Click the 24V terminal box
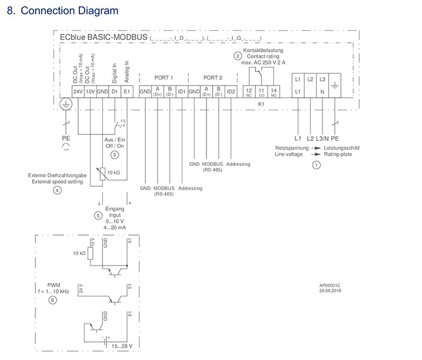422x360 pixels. click(77, 91)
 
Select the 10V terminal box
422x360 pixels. click(90, 91)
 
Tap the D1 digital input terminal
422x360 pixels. click(114, 91)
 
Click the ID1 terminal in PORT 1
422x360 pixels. click(181, 91)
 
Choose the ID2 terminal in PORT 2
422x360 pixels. click(231, 91)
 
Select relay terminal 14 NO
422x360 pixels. click(273, 91)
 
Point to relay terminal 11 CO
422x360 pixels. click(261, 91)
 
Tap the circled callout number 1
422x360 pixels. click(316, 165)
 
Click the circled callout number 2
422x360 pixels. click(237, 56)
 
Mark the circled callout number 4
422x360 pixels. click(57, 190)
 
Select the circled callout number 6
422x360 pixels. click(53, 300)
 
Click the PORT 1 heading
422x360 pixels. click(164, 78)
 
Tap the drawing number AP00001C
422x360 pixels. click(330, 285)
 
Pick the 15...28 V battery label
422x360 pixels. click(122, 345)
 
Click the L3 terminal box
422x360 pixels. click(322, 79)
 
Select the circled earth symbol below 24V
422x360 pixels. click(66, 105)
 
